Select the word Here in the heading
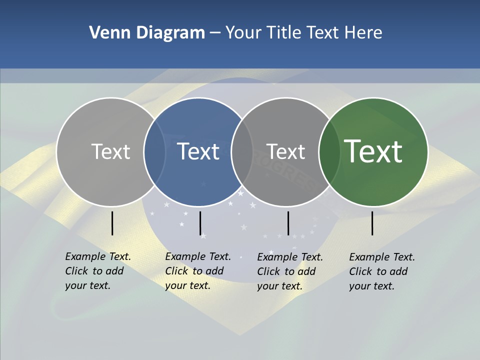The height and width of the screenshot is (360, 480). click(363, 33)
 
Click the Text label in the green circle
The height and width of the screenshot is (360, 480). click(373, 151)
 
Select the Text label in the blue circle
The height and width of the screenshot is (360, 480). click(198, 151)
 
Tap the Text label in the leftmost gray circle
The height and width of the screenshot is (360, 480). click(110, 151)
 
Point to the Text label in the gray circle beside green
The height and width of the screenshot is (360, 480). click(285, 151)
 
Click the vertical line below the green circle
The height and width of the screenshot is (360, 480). click(372, 223)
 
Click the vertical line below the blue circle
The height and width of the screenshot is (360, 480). click(200, 223)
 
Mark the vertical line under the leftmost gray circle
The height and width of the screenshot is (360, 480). click(112, 223)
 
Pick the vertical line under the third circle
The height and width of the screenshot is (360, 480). click(288, 223)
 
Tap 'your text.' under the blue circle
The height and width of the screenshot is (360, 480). click(187, 285)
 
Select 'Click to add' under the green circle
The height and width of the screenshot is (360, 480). click(378, 271)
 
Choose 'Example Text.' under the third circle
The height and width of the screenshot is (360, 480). click(290, 257)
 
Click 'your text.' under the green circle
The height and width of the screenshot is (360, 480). click(371, 286)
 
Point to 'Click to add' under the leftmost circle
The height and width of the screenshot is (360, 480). click(94, 271)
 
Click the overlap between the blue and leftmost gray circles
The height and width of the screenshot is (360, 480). click(155, 151)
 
